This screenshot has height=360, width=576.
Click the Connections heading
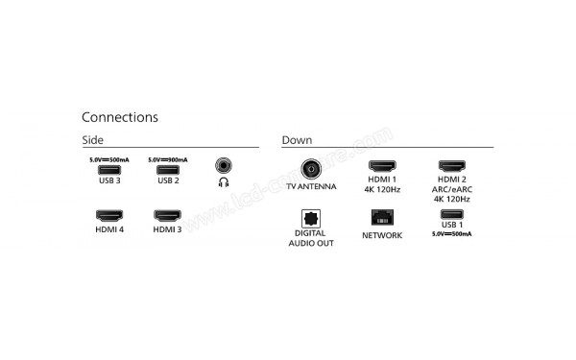point(120,117)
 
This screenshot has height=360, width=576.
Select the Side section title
point(93,140)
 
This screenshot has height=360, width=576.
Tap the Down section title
point(297,140)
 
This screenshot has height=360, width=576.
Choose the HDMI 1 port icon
point(382,166)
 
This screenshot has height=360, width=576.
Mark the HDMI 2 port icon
point(451,166)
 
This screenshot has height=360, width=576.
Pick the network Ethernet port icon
point(382,216)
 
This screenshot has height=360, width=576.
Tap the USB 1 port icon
point(451,214)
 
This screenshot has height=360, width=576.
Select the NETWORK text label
point(382,234)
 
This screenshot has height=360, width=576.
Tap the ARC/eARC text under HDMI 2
point(451,189)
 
